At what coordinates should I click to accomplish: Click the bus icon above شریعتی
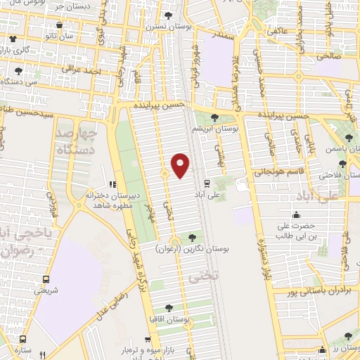[46, 278]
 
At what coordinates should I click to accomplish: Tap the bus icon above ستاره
[25, 337]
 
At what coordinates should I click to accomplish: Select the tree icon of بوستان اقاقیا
[168, 307]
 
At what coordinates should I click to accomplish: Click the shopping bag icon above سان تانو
[13, 38]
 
